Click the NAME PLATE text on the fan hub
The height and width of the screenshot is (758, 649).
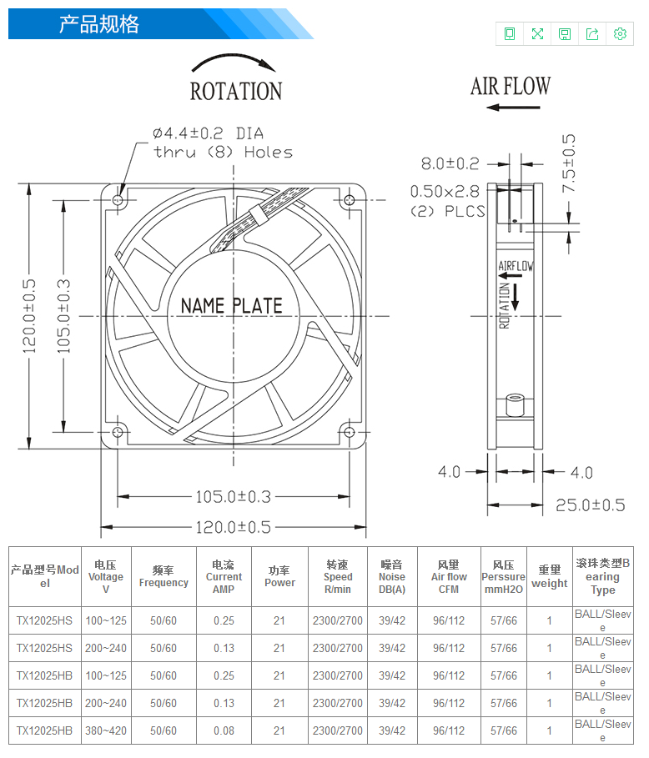point(231,306)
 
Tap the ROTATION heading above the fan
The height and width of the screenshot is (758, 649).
point(236,92)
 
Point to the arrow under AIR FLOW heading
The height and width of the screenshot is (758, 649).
point(513,108)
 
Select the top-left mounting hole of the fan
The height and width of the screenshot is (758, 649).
point(118,199)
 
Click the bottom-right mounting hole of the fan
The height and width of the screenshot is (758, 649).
point(350,432)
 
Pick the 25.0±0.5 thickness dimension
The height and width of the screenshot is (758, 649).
point(590,505)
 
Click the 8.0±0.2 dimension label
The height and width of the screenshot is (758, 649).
point(450,163)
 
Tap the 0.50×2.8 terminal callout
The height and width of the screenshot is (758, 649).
point(445,192)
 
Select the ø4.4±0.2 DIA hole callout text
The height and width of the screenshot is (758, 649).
point(209,133)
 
